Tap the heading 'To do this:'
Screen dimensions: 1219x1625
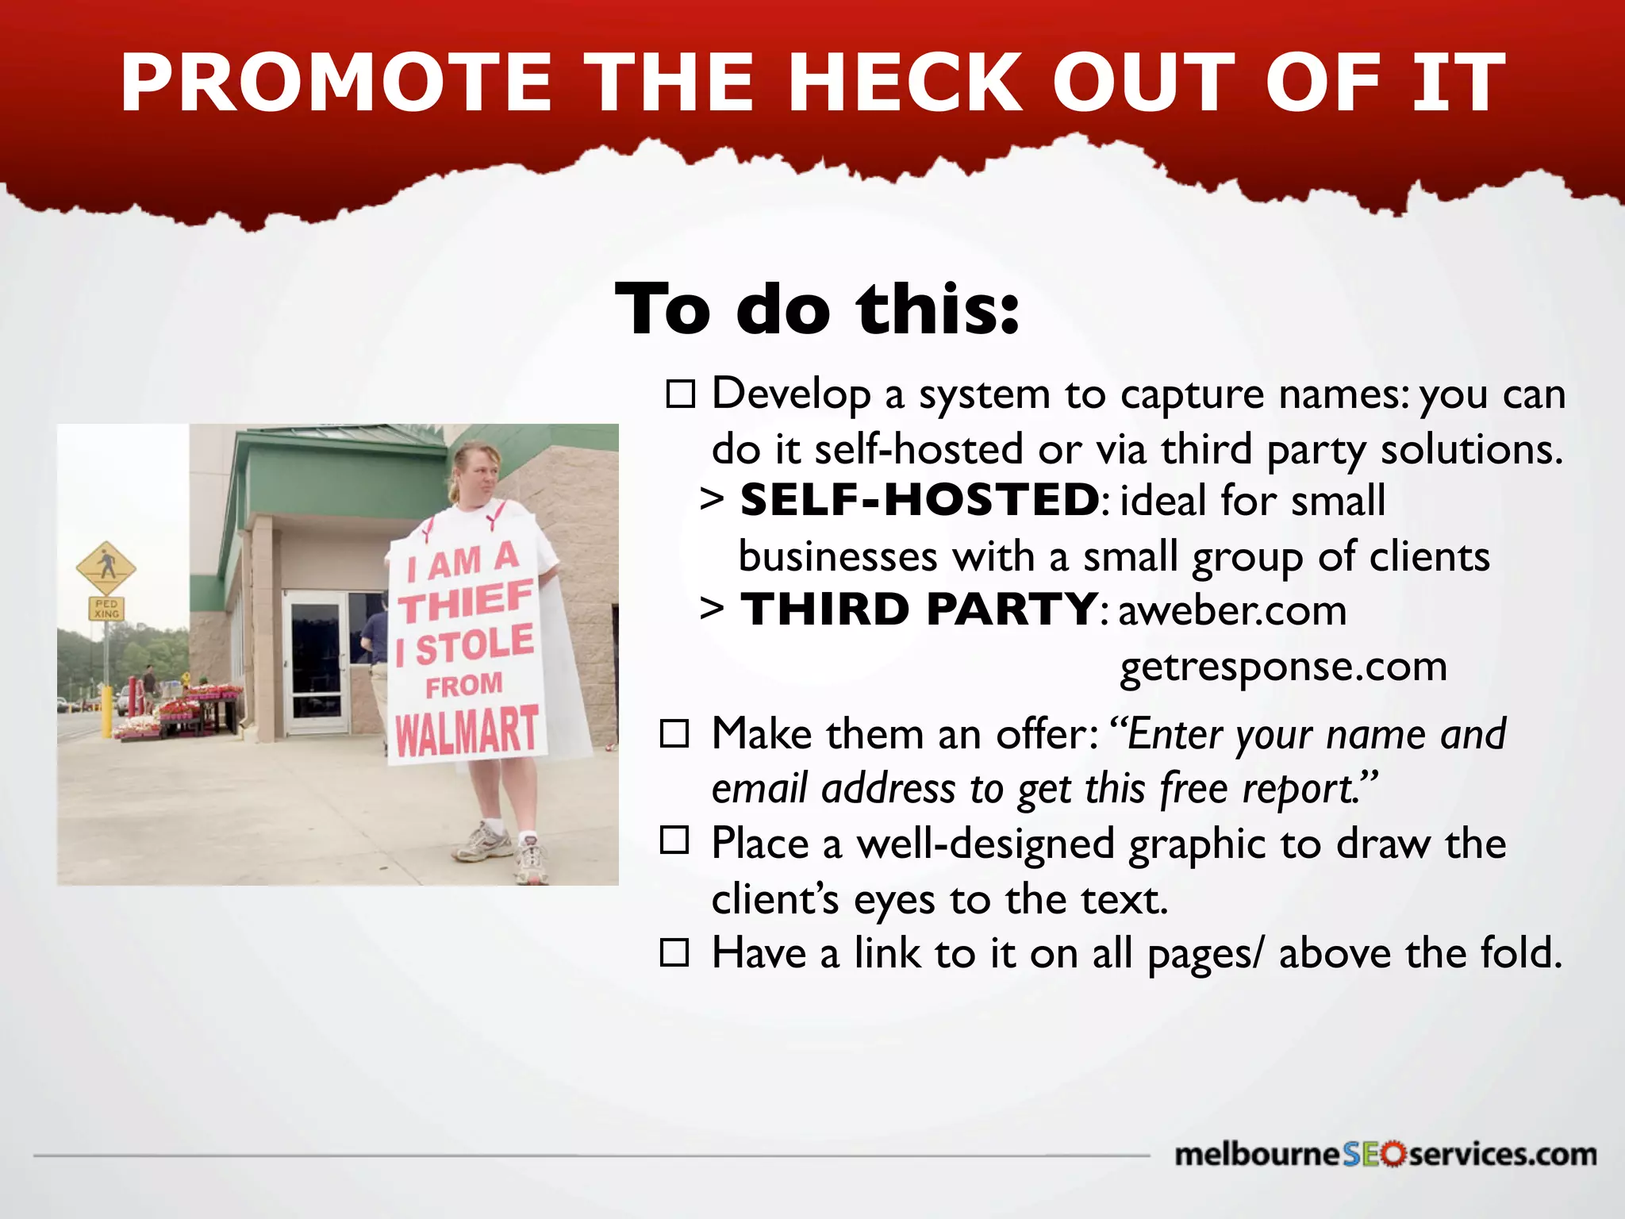[x=817, y=309]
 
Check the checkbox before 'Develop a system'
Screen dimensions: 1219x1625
[x=680, y=394]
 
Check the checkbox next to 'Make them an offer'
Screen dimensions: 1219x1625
[x=674, y=734]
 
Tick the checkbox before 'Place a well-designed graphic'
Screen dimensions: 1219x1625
[x=674, y=840]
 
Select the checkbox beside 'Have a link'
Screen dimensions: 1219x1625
[x=674, y=951]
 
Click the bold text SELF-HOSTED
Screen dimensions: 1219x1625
[x=920, y=500]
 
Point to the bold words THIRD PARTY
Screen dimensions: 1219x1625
[x=920, y=609]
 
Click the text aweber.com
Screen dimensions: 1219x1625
[x=1232, y=611]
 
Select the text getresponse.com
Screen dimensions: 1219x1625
[x=1283, y=667]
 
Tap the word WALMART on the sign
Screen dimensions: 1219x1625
[x=467, y=731]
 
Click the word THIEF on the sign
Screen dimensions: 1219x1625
[x=466, y=602]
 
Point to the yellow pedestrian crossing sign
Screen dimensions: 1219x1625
[x=106, y=567]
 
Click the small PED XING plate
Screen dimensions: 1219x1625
[x=106, y=609]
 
